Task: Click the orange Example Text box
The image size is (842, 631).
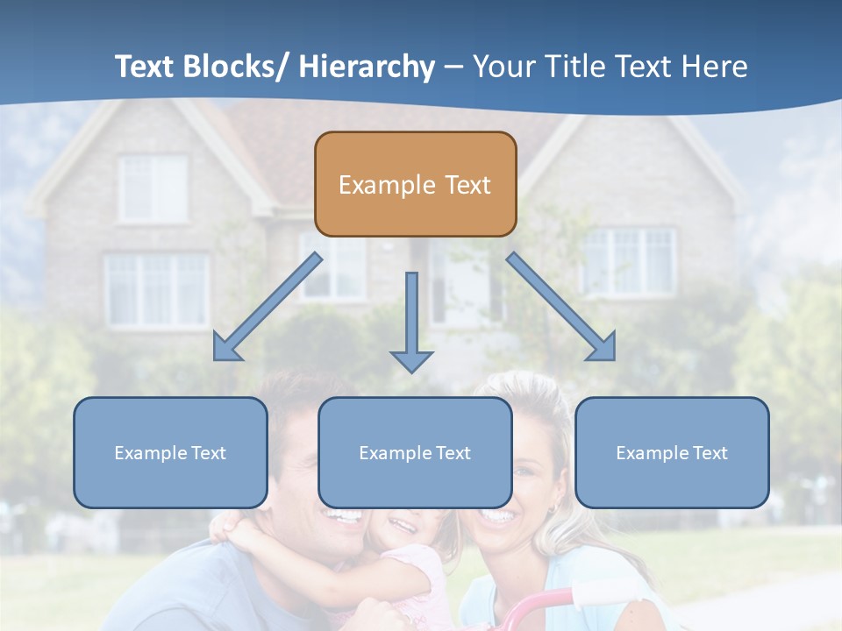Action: (x=415, y=184)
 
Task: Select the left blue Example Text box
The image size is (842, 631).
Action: (x=170, y=452)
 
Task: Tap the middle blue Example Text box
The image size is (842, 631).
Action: (x=415, y=452)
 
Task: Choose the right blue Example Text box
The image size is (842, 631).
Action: (x=672, y=452)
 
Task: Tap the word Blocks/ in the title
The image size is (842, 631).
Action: (x=235, y=67)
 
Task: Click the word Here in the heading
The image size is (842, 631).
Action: (x=714, y=67)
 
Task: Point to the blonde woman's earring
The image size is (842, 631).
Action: (x=553, y=509)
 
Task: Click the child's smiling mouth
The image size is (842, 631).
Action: (x=403, y=526)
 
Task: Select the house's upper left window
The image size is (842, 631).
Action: (x=153, y=188)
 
